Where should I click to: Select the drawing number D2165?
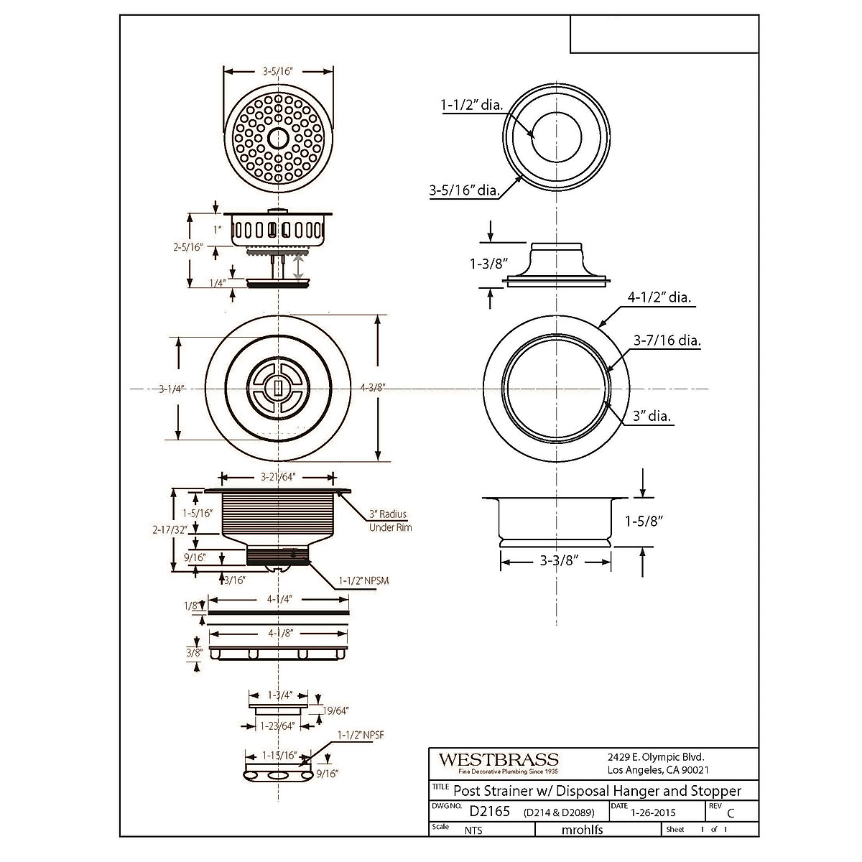tap(489, 812)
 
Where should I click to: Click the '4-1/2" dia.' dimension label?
tap(662, 298)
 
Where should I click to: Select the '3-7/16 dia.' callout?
tap(667, 341)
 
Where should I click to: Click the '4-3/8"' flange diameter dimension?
tap(373, 388)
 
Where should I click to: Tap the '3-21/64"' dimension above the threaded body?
tap(277, 477)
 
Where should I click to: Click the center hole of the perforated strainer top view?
tap(277, 137)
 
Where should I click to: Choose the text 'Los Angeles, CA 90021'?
tap(659, 770)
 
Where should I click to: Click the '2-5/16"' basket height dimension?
tap(188, 247)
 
